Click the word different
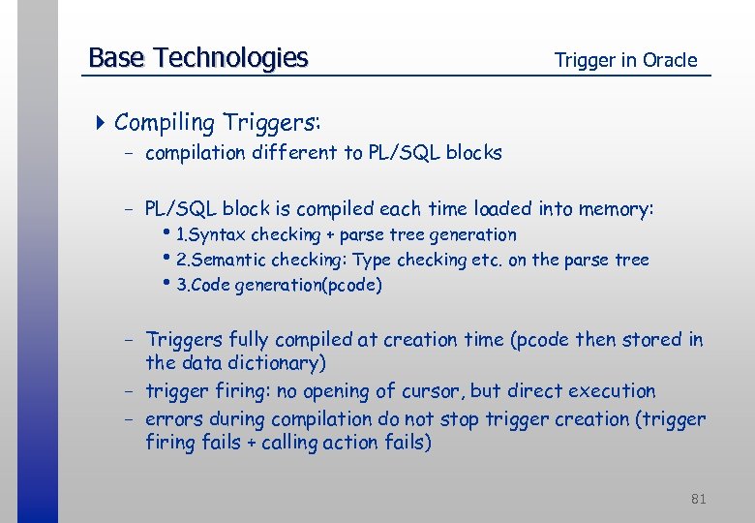coord(293,152)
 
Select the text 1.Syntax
coord(212,234)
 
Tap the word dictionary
coord(277,363)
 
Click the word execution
coord(612,391)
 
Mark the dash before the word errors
coord(129,419)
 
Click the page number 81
coord(699,499)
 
